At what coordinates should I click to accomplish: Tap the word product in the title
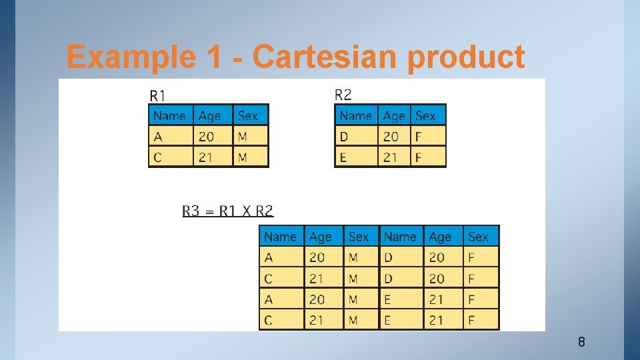(x=466, y=58)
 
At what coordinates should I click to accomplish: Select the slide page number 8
(x=581, y=343)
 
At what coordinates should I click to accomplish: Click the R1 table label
(x=158, y=95)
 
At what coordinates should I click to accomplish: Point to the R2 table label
(x=343, y=95)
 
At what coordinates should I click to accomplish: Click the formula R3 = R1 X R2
(x=228, y=211)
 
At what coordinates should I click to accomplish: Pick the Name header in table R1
(x=169, y=115)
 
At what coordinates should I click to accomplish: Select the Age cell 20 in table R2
(x=391, y=136)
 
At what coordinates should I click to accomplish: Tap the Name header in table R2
(x=355, y=115)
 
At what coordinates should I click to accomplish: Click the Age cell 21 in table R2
(x=391, y=157)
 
